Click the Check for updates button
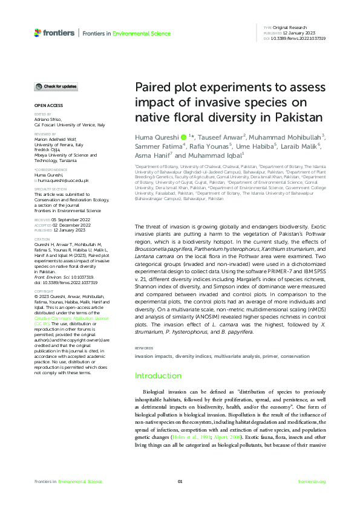[56, 86]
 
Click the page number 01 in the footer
[180, 481]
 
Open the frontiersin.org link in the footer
[312, 481]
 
